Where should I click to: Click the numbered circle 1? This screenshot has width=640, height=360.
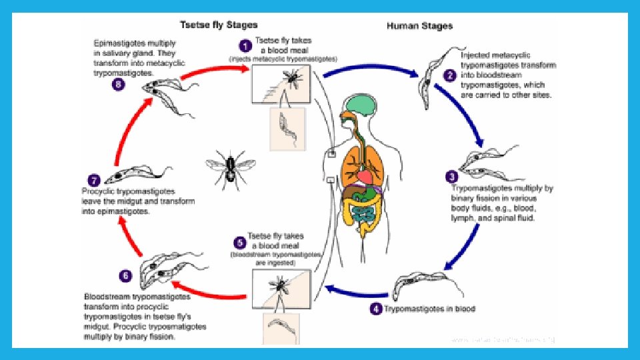[x=245, y=47]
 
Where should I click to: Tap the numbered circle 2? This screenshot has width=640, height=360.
[x=451, y=75]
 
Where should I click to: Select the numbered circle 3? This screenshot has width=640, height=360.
[x=451, y=177]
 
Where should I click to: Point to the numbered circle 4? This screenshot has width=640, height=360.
[x=377, y=309]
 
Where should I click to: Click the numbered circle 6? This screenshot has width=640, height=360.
[x=125, y=274]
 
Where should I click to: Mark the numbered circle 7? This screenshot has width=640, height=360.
[x=93, y=180]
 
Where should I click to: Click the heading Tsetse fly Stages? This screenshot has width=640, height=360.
[x=219, y=25]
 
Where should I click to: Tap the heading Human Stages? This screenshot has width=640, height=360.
[x=420, y=26]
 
